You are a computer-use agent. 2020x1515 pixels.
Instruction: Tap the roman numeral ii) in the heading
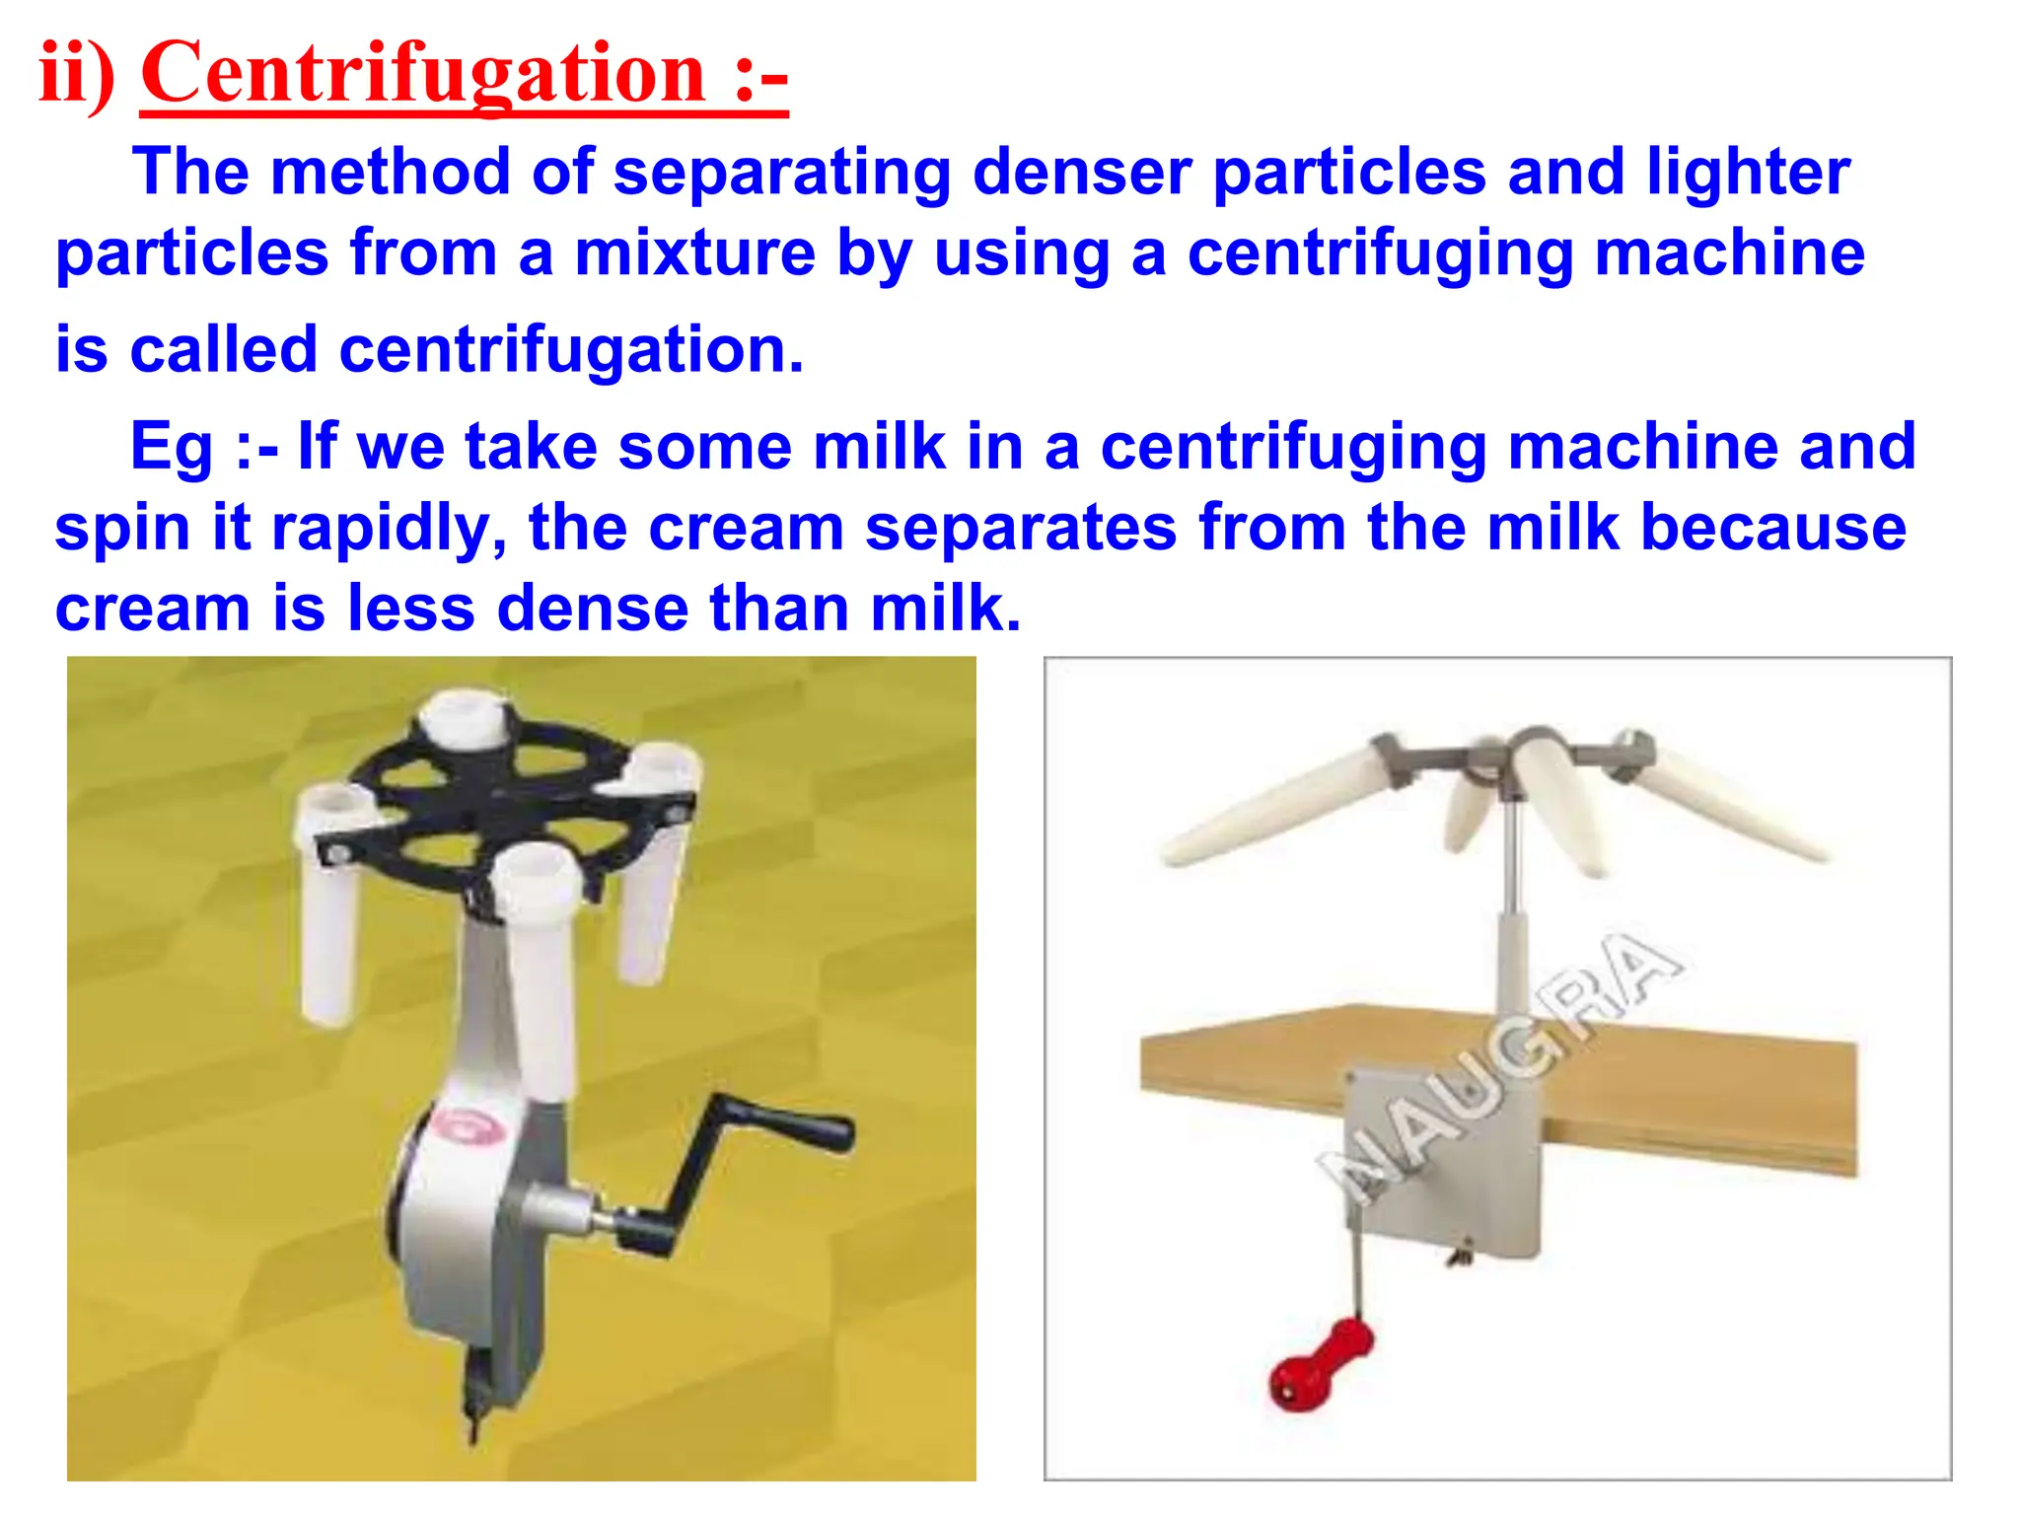pos(77,74)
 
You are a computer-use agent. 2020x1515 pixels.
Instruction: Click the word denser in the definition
pos(1082,173)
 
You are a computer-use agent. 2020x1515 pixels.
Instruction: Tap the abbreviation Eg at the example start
pos(171,447)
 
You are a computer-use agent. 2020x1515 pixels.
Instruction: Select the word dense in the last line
pos(593,608)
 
